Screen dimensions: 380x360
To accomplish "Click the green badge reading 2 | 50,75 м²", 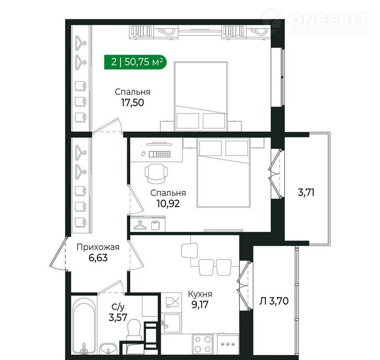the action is pos(135,62).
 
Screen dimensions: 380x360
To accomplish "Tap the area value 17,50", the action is pos(133,103).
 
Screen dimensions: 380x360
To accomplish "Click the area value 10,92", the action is pos(168,204).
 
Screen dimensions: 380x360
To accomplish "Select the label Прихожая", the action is pos(98,247).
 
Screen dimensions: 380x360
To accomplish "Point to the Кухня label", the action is pos(200,294).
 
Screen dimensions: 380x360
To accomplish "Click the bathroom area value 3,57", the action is pos(118,317).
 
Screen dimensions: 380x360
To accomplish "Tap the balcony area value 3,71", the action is pos(306,193).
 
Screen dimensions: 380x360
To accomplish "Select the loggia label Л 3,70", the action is pos(274,301).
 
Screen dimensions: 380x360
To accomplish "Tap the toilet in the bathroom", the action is pos(134,329).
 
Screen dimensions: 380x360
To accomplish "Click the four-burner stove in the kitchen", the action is pos(203,344).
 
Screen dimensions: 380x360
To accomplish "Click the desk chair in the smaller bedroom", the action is pos(156,174).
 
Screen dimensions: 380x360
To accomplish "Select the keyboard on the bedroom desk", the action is pos(160,154).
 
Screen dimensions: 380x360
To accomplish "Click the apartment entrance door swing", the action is pos(58,254).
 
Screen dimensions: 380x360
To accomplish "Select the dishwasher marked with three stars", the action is pos(228,344).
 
